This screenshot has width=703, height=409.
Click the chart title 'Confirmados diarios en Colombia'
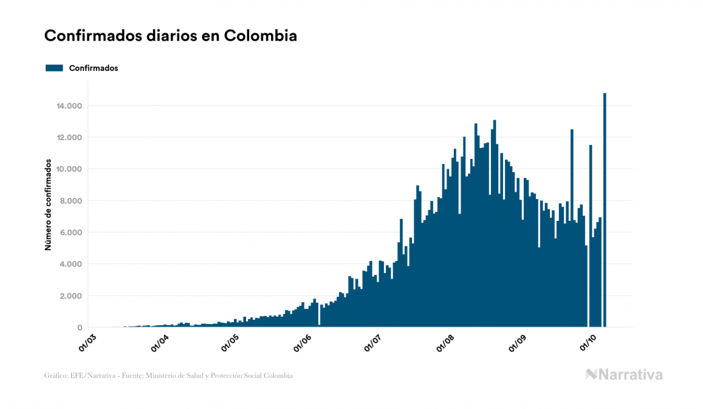tap(171, 36)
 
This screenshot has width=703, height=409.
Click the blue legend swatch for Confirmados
tap(54, 68)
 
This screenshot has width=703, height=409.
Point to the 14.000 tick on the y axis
tap(69, 106)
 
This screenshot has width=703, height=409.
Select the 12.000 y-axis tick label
tap(69, 138)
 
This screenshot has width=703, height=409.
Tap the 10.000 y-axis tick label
tap(69, 169)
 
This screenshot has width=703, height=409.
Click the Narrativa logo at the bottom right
tap(624, 374)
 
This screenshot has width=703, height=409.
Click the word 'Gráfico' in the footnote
tap(57, 376)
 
